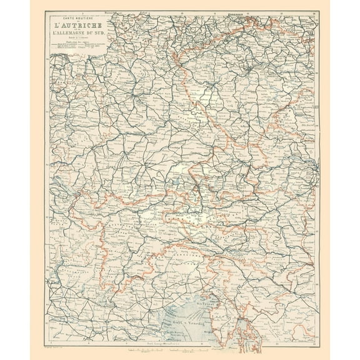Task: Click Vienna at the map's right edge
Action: (x=311, y=167)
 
